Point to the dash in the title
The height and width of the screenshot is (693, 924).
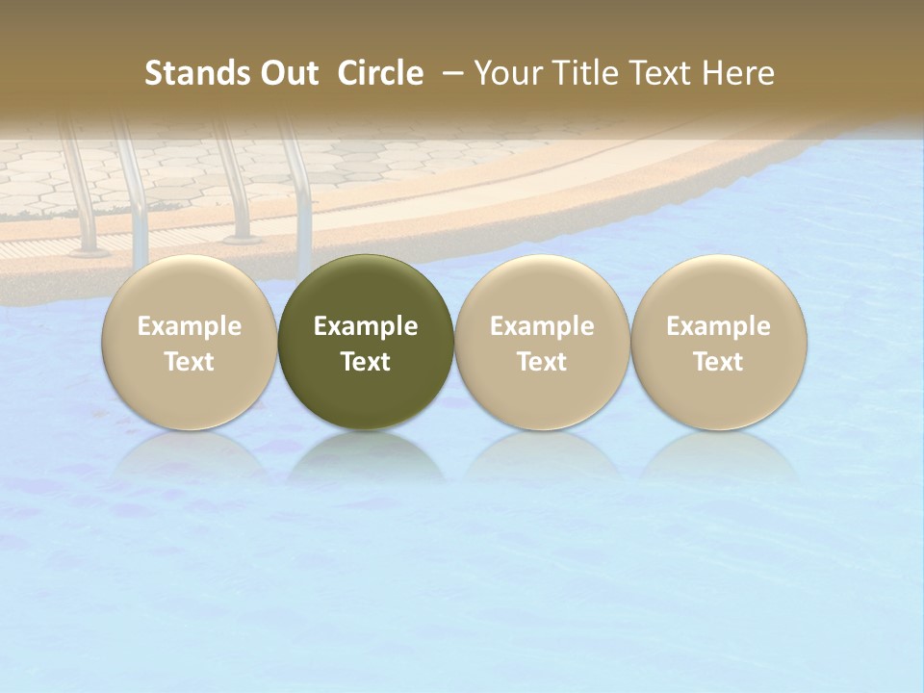449,73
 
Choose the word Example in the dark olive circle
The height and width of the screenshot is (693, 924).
366,326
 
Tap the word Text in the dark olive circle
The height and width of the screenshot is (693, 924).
366,362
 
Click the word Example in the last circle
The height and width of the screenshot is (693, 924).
718,326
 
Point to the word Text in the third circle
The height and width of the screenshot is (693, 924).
542,362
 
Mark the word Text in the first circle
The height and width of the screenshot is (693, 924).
190,362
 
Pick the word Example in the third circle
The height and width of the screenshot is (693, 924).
542,326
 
